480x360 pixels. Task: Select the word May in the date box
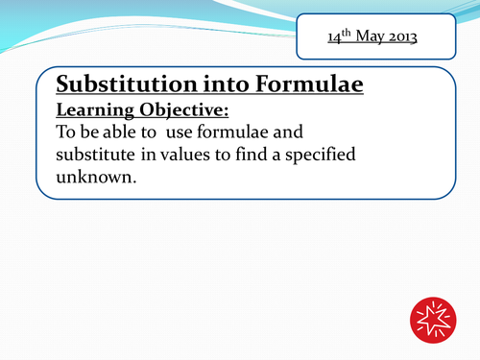[363, 40]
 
